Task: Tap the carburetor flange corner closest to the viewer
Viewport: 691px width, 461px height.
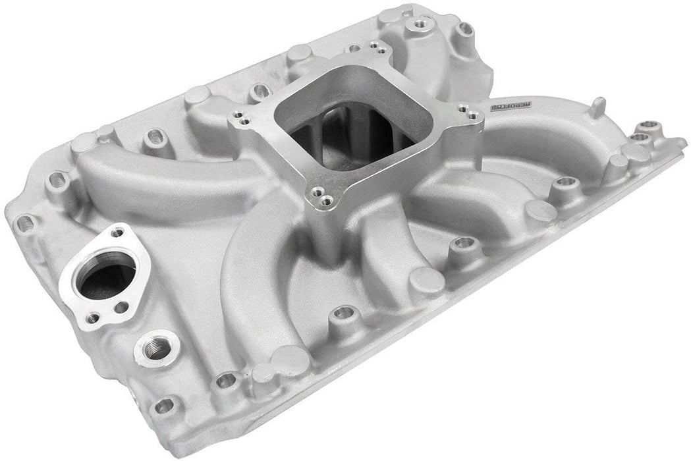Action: coord(322,194)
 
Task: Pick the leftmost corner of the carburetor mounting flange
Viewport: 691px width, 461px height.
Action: coord(240,119)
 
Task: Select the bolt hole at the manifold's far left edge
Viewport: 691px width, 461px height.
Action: coord(24,223)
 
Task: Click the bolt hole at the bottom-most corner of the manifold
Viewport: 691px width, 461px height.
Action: coord(165,406)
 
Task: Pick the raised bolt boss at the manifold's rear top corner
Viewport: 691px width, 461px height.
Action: coord(418,24)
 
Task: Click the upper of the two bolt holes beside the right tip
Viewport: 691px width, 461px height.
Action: coord(650,125)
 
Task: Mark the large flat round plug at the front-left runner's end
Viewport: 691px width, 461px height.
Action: coord(290,359)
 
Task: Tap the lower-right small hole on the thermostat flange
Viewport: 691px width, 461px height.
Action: coord(122,307)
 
